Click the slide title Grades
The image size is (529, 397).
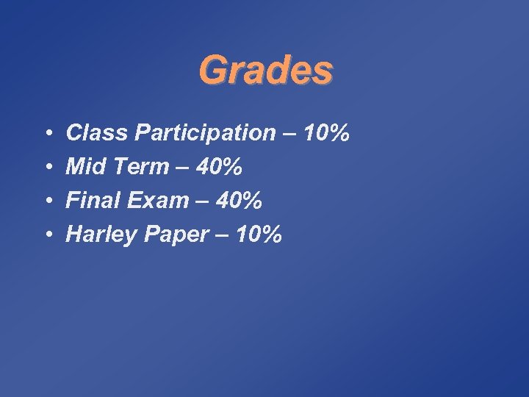tap(265, 71)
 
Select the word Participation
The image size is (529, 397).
tap(199, 135)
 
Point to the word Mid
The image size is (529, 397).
tap(83, 167)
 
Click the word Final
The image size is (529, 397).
tap(90, 201)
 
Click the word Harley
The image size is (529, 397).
tap(99, 235)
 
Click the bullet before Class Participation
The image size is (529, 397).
tap(46, 135)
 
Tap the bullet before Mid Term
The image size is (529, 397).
tap(46, 168)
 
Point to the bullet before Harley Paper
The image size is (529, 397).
tap(46, 236)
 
